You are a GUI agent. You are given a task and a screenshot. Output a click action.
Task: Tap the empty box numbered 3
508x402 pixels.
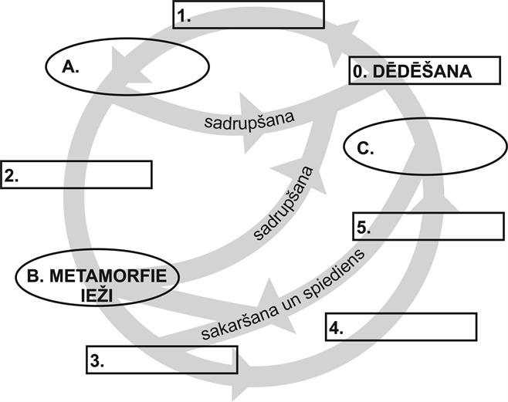(x=158, y=358)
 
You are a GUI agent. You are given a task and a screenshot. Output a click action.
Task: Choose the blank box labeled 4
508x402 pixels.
(x=401, y=327)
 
